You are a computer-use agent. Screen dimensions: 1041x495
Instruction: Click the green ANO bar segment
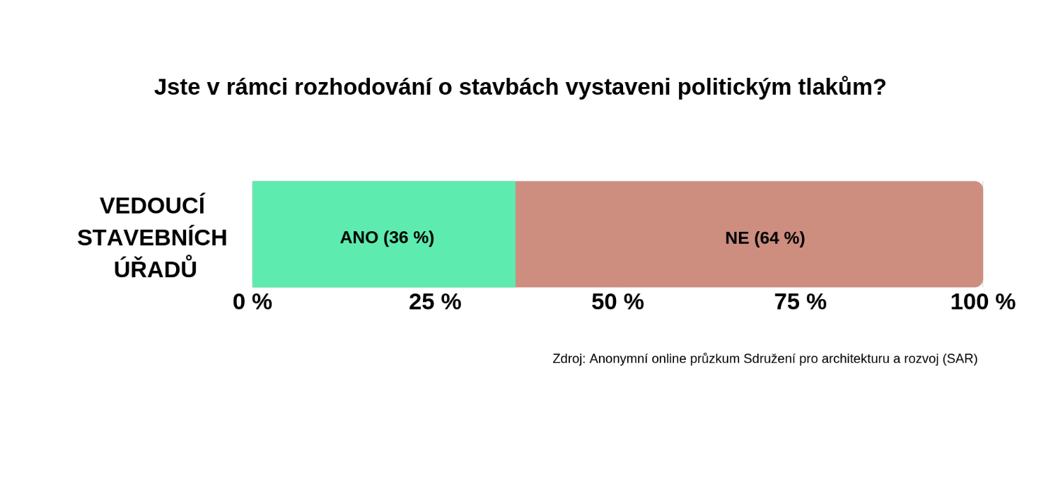click(x=384, y=234)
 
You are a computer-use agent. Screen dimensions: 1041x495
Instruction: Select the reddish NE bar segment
click(x=749, y=234)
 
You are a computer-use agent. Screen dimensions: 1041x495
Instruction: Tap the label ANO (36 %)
click(x=387, y=238)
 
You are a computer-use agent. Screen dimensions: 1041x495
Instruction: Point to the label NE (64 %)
click(x=765, y=238)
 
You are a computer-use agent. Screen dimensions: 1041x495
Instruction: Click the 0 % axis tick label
click(x=252, y=302)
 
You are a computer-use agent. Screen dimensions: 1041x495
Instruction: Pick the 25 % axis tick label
click(x=435, y=302)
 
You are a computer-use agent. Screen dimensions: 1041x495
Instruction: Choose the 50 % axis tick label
click(x=617, y=302)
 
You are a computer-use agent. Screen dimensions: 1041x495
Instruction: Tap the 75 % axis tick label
click(x=801, y=302)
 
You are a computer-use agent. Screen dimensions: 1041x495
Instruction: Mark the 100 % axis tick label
click(x=983, y=302)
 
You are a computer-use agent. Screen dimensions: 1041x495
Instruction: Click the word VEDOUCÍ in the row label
click(x=153, y=205)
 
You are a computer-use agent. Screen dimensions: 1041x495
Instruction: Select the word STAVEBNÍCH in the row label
click(x=153, y=238)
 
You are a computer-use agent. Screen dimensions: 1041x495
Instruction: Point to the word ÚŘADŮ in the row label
click(x=155, y=268)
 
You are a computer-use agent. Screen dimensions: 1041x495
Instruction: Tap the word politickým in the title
click(x=734, y=88)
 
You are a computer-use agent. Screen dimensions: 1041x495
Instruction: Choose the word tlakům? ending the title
click(x=842, y=86)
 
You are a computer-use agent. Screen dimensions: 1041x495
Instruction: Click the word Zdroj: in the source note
click(x=569, y=359)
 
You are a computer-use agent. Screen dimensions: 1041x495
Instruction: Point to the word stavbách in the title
click(x=509, y=87)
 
